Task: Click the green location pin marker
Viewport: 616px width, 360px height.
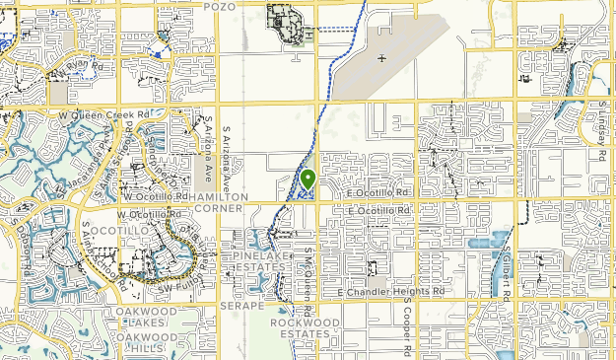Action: [x=308, y=180]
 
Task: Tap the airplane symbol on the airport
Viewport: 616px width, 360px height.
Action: [x=381, y=57]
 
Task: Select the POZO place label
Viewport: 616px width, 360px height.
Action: [x=222, y=6]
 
